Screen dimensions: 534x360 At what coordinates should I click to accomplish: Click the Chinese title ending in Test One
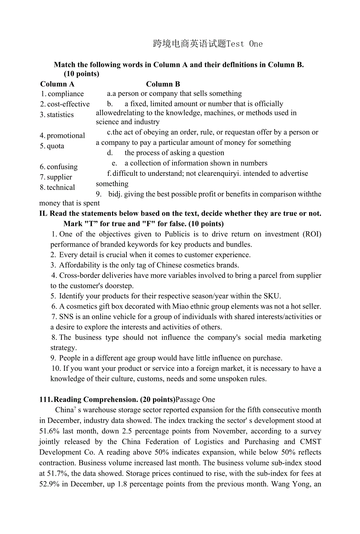click(x=208, y=44)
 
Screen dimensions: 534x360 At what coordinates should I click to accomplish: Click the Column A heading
click(x=57, y=84)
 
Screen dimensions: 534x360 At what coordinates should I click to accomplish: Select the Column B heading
click(x=163, y=84)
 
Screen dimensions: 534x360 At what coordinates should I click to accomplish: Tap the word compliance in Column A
click(x=66, y=94)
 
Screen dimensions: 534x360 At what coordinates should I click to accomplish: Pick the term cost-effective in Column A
click(x=68, y=104)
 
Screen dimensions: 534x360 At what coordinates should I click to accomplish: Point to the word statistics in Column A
click(x=60, y=115)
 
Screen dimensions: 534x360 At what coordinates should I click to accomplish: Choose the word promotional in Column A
click(x=66, y=136)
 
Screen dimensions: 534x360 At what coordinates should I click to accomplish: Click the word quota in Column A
click(x=56, y=146)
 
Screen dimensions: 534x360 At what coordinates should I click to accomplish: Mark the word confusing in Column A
click(x=62, y=167)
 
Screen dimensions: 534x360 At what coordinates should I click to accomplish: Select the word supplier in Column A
click(x=59, y=177)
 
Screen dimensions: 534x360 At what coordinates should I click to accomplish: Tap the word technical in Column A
click(x=61, y=188)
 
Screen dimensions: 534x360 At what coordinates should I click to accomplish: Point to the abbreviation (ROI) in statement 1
click(x=312, y=234)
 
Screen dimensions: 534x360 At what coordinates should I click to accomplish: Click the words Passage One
click(x=195, y=400)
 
